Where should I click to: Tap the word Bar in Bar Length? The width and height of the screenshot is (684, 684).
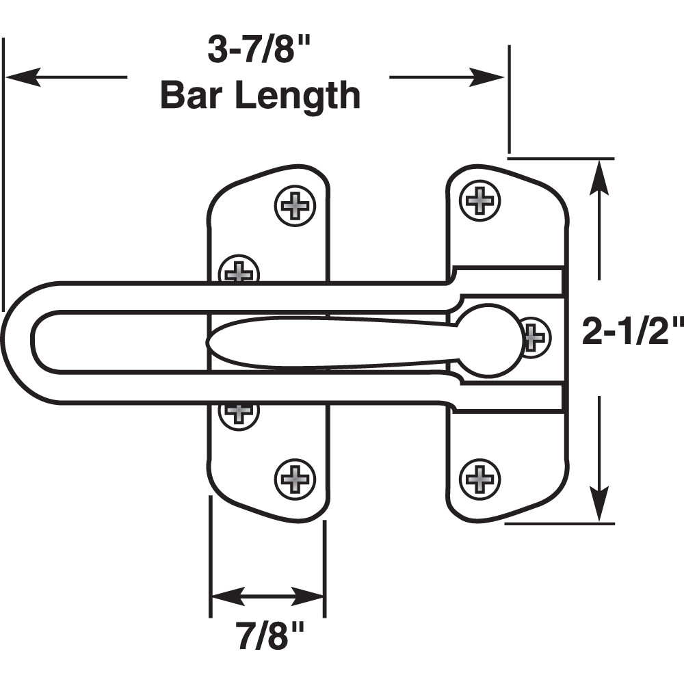(195, 95)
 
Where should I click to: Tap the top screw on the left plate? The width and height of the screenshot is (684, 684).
(295, 204)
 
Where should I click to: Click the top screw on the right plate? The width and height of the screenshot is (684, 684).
(479, 200)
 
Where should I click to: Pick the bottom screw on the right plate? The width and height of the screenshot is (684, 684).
(479, 477)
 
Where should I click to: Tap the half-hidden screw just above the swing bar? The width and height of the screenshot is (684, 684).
(239, 270)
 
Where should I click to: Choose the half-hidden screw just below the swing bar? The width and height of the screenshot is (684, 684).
(239, 412)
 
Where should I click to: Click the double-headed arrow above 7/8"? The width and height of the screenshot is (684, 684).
(266, 596)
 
